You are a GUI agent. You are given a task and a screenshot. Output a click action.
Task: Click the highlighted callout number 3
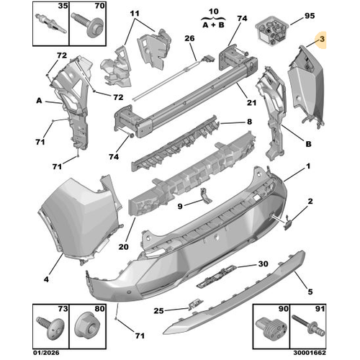pyautogui.click(x=322, y=39)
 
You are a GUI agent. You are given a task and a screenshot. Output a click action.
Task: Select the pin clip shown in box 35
pyautogui.click(x=51, y=24)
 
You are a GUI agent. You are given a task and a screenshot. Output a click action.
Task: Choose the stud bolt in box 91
pyautogui.click(x=308, y=325)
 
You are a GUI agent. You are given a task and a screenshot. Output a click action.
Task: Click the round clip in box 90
pyautogui.click(x=271, y=328)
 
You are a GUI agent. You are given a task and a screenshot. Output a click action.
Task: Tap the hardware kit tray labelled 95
pyautogui.click(x=272, y=30)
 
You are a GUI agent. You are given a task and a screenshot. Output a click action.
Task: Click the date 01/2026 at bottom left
pyautogui.click(x=46, y=353)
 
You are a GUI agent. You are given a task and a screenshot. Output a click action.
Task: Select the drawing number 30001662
pyautogui.click(x=310, y=353)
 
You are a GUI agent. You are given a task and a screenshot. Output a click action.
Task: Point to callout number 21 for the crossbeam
pyautogui.click(x=251, y=102)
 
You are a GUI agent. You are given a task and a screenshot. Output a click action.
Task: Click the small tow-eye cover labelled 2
pyautogui.click(x=287, y=224)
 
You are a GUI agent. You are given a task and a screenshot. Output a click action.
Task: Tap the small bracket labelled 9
pyautogui.click(x=205, y=196)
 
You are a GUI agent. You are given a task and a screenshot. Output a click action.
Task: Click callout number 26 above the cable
pyautogui.click(x=189, y=38)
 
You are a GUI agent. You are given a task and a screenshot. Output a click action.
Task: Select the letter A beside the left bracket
pyautogui.click(x=39, y=101)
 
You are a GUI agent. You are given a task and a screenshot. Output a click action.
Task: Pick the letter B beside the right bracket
pyautogui.click(x=308, y=144)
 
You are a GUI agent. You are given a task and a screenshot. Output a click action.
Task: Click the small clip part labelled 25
pyautogui.click(x=195, y=304)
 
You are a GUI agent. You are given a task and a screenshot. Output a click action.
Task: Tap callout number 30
pyautogui.click(x=263, y=264)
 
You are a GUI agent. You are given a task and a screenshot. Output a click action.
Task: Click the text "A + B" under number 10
pyautogui.click(x=213, y=24)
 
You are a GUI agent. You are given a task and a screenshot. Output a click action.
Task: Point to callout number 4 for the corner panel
pyautogui.click(x=46, y=279)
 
